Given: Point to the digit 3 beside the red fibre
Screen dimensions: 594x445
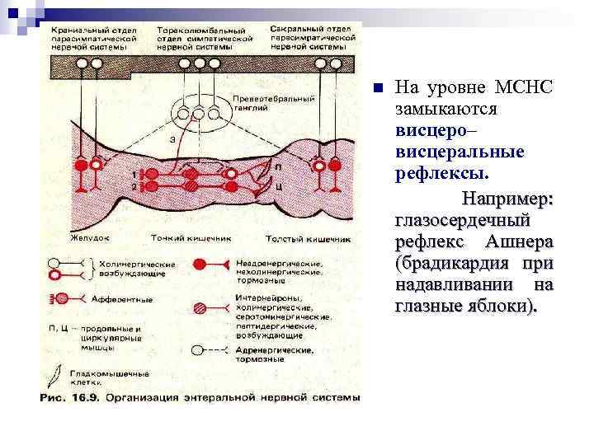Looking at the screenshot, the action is (x=170, y=140).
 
